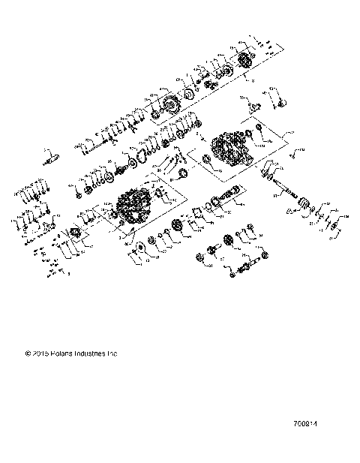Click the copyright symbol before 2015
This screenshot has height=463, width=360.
28,353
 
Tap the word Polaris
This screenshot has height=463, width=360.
63,353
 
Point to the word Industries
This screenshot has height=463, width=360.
92,353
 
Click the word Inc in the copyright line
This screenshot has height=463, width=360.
114,353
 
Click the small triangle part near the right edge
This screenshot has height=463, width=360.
289,215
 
